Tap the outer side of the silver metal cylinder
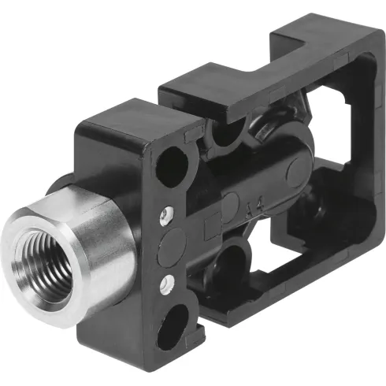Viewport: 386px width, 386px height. (106, 236)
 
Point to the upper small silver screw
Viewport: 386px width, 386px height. (165, 213)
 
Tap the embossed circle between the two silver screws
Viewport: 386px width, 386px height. (167, 251)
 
